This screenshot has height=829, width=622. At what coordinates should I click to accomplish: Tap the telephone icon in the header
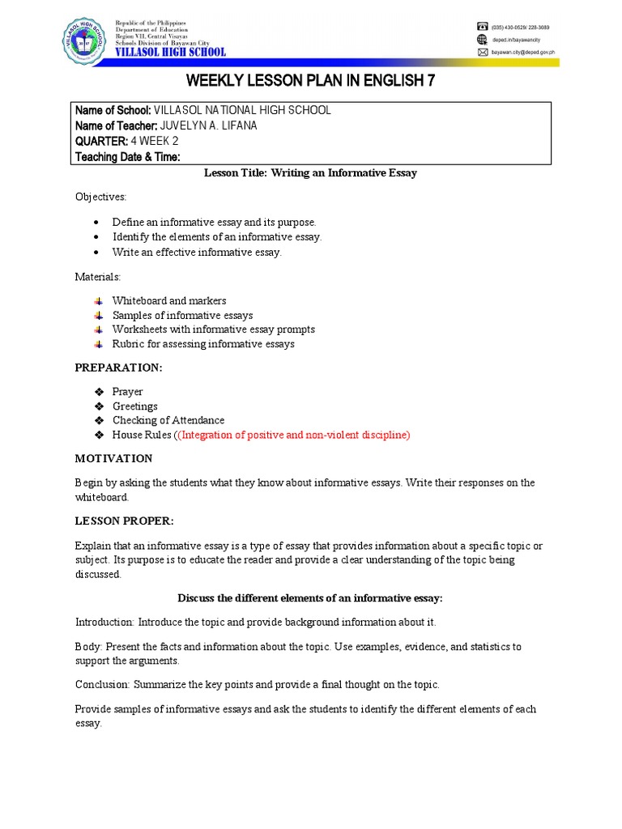483,27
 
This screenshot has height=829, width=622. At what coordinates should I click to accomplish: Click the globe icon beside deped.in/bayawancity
483,39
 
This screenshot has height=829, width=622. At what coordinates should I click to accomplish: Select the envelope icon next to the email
483,52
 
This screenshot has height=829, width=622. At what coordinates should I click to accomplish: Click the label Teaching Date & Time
128,157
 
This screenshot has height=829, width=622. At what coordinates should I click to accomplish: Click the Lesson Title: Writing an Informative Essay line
310,173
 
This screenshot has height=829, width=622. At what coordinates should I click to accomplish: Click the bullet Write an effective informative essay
197,252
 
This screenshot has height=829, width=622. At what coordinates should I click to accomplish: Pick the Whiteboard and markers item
169,300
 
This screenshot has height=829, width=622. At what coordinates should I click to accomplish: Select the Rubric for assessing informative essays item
203,344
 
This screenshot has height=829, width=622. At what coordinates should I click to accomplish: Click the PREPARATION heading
119,368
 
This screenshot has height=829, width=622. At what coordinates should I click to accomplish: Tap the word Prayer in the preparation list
128,392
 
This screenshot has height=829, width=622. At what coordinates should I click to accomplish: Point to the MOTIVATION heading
114,458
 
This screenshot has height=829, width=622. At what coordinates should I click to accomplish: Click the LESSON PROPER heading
124,520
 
